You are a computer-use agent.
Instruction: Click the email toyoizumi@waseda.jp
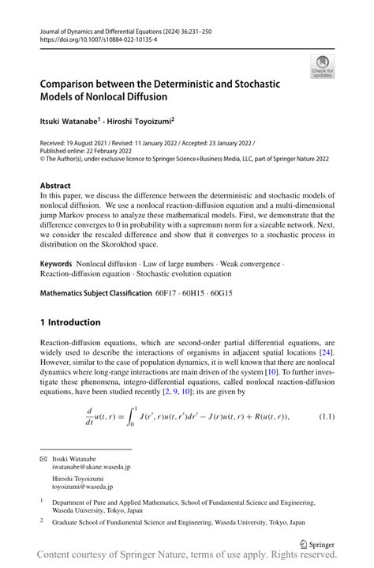(x=88, y=488)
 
